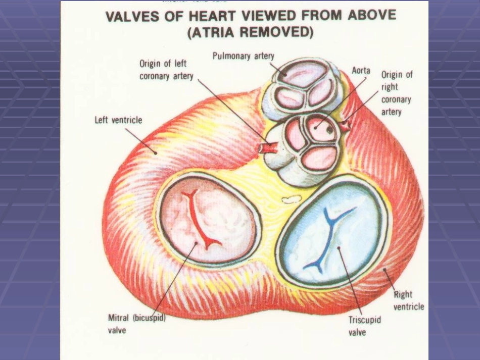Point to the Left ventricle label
pos(119,120)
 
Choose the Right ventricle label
pos(408,300)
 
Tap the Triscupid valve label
pos(364,326)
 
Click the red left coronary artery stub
pos(268,148)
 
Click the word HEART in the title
pos(215,16)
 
